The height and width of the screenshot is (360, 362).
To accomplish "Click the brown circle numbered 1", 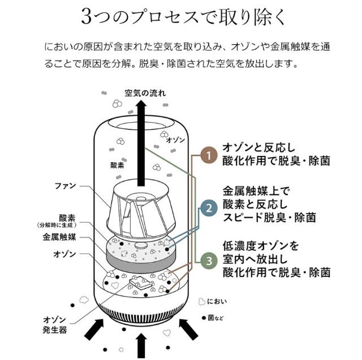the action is pos(209,155).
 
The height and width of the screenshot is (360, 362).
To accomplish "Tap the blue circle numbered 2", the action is pos(209,208).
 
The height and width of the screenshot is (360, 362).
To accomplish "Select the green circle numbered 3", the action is pos(209,261).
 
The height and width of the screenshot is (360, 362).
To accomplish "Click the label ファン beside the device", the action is pos(66,185).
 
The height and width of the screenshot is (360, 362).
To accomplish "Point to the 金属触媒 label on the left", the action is pos(59,237).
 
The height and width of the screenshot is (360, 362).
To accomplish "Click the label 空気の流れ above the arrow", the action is pos(145,93).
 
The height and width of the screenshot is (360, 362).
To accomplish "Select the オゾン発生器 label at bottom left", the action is pos(55,325).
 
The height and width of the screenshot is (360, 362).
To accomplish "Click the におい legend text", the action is pos(217,301).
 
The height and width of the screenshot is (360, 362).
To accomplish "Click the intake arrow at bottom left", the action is pos(94,329).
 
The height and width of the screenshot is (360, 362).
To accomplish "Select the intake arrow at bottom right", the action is pos(188,329).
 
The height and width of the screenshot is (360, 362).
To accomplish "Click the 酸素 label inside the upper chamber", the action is pos(117,166).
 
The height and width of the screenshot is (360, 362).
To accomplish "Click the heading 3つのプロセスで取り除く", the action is pos(183,17).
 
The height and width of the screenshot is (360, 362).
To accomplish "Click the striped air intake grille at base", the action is pos(141,314).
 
